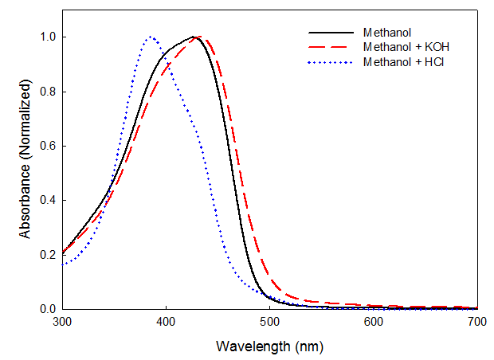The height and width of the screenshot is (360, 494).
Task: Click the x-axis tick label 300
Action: click(x=62, y=323)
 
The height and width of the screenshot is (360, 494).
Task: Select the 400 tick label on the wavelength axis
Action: click(x=166, y=323)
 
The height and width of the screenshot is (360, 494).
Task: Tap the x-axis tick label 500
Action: click(x=269, y=323)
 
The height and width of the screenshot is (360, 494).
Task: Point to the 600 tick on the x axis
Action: click(x=374, y=323)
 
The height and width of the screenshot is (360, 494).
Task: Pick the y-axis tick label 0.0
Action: click(x=48, y=309)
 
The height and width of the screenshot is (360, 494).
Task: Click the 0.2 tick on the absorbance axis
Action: click(x=48, y=255)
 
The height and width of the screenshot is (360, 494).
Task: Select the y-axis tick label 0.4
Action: click(x=48, y=200)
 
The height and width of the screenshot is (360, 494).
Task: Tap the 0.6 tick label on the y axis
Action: click(x=48, y=146)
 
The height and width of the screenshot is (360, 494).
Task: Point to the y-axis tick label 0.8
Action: click(x=48, y=92)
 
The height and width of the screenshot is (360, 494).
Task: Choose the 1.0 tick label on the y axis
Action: click(x=48, y=37)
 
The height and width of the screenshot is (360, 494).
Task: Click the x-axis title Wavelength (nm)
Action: click(x=269, y=347)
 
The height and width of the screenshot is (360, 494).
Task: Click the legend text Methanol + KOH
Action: click(x=401, y=47)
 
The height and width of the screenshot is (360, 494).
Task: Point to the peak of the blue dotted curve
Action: click(x=150, y=37)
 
